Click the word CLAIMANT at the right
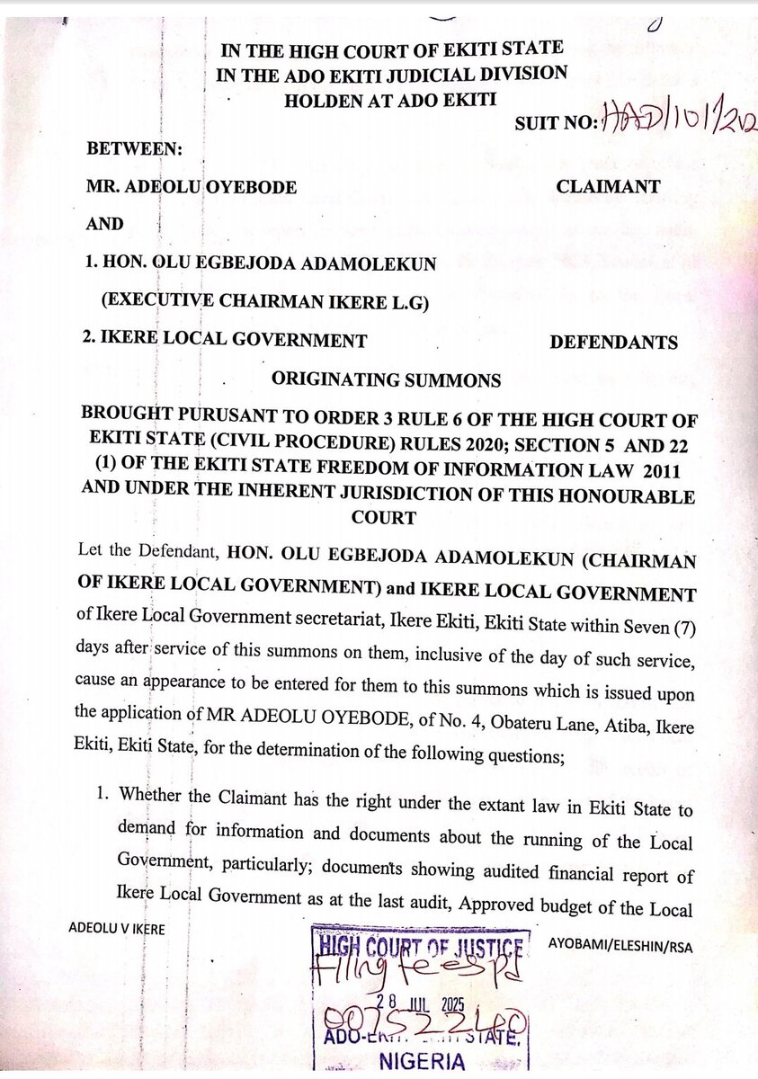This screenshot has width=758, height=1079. pyautogui.click(x=608, y=187)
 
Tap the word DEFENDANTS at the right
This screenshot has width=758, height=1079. pyautogui.click(x=613, y=342)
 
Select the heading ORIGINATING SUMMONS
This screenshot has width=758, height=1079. pyautogui.click(x=387, y=379)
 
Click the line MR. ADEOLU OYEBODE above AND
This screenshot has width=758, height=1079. pyautogui.click(x=192, y=187)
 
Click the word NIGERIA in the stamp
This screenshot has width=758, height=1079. pyautogui.click(x=423, y=1061)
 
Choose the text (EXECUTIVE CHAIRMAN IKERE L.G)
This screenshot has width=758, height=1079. pyautogui.click(x=264, y=303)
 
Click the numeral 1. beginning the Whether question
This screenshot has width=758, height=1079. pyautogui.click(x=103, y=795)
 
